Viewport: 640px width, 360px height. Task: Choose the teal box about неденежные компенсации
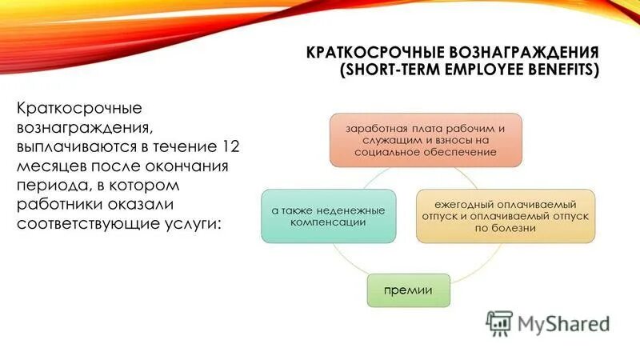click(x=328, y=216)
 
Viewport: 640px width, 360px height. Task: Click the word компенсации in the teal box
click(x=328, y=222)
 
